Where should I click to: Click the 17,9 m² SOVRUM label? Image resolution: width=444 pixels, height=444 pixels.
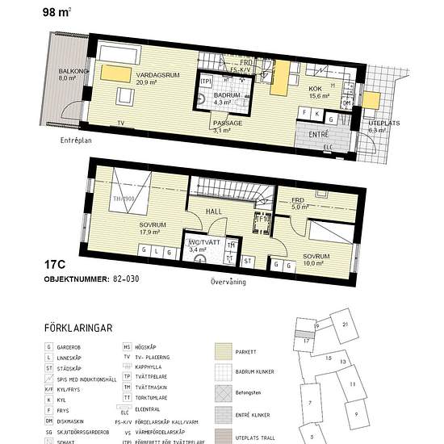(131, 226)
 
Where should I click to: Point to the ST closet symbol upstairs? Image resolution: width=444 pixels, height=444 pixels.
(248, 261)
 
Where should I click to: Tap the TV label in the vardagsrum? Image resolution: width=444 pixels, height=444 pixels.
(121, 124)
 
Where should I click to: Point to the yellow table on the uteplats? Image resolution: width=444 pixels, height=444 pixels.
(371, 99)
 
